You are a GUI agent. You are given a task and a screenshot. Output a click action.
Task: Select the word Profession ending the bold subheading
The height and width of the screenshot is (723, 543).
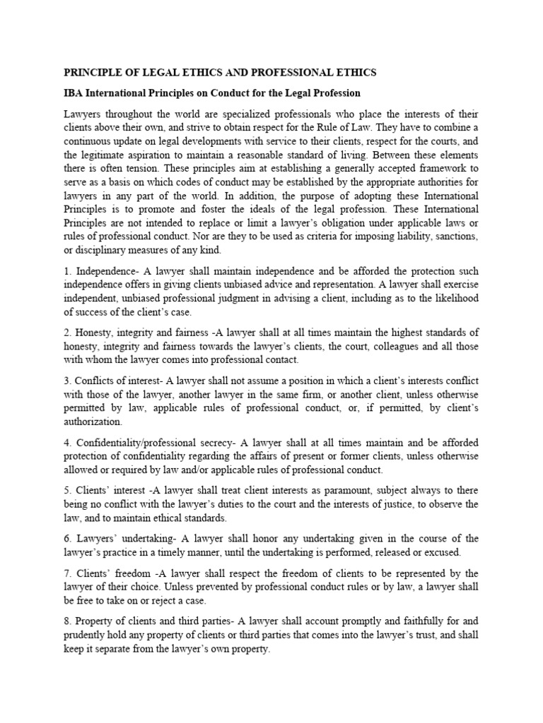pyautogui.click(x=337, y=93)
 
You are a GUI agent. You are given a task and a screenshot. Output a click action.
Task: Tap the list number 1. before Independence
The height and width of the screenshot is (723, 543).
pyautogui.click(x=69, y=272)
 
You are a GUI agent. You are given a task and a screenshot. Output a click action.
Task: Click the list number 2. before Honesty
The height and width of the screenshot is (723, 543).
pyautogui.click(x=69, y=333)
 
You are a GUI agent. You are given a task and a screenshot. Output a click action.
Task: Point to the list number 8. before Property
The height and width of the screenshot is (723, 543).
pyautogui.click(x=69, y=621)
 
